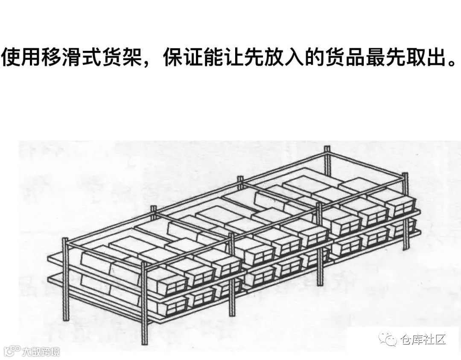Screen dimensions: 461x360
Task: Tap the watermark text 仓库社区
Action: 424,340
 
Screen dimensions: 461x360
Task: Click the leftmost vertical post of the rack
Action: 66,278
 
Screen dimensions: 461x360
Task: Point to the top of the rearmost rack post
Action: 327,149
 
